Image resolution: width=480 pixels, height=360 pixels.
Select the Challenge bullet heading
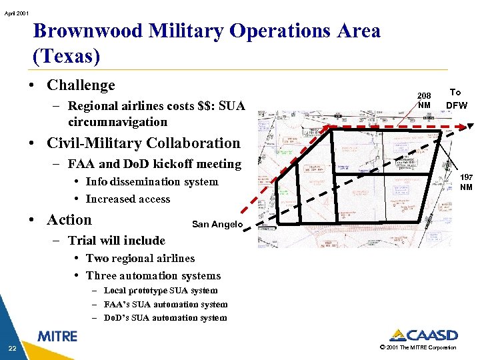coord(81,85)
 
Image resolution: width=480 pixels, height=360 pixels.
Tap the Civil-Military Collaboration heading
coord(143,143)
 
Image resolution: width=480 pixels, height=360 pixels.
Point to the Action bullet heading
coord(69,220)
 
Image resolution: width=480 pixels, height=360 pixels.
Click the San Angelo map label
coord(217,225)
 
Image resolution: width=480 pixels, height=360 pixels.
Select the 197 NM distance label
coord(467,182)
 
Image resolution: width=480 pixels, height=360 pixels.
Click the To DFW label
coord(456,99)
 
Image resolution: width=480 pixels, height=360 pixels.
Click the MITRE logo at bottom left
coord(57,337)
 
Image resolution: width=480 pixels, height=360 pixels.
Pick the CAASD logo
coord(423,335)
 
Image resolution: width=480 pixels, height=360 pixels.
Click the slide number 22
coord(12,348)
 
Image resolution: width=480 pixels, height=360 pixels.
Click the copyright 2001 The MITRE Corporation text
coord(417,347)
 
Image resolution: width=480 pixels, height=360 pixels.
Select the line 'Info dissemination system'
coord(151,181)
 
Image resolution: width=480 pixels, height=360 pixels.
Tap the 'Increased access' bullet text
coord(127,199)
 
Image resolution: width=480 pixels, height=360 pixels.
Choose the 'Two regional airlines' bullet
coord(140,258)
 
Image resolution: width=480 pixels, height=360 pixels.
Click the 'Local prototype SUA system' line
coord(161,291)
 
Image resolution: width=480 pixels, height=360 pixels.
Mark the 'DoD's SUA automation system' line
coord(165,318)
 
